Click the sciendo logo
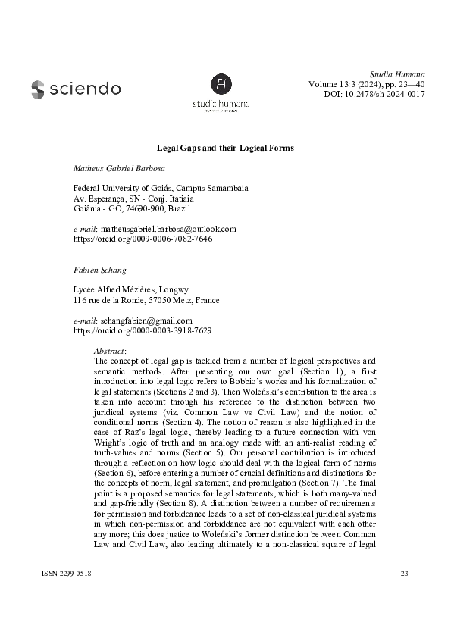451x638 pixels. tap(76, 89)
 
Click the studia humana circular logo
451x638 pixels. tap(221, 84)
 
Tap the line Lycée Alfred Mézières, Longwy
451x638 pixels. tap(130, 289)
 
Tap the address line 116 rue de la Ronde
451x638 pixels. tap(110, 300)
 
